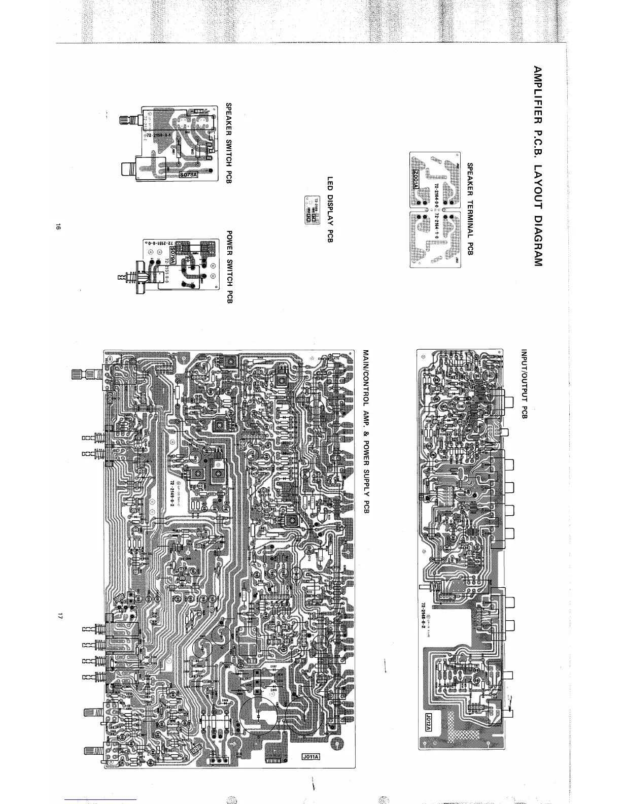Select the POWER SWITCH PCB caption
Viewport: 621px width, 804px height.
[x=229, y=267]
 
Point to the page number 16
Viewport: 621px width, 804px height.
[x=59, y=228]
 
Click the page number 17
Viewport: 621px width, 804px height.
[x=59, y=617]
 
